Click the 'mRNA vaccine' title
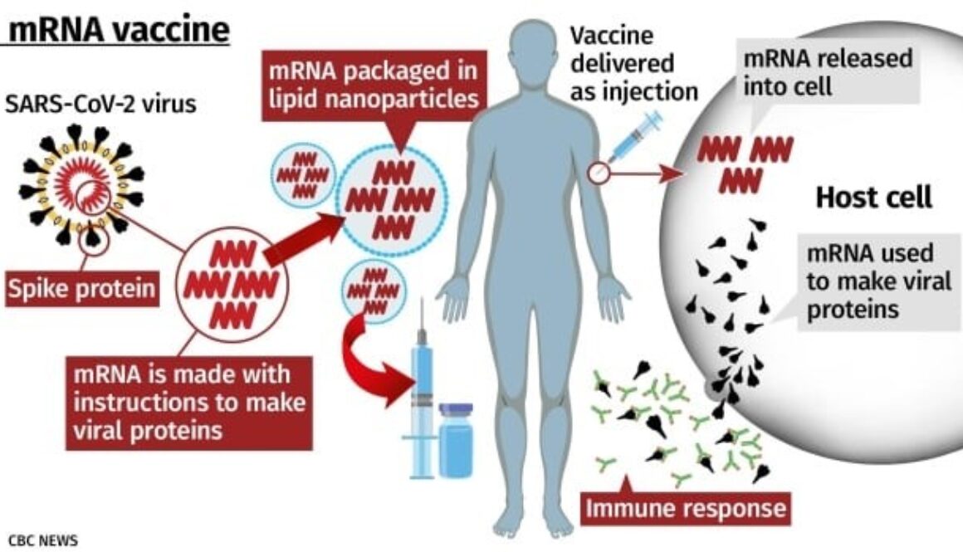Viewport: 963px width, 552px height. pos(120,29)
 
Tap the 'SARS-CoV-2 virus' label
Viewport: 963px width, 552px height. pos(100,104)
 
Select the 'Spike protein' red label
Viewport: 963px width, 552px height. pos(81,288)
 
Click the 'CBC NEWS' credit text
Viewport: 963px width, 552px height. pos(43,540)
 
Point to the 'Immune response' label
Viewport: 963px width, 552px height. pos(686,508)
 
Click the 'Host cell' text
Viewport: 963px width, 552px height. pos(873,197)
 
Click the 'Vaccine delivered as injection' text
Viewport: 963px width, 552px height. pos(633,63)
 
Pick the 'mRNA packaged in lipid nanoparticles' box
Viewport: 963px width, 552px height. pos(374,85)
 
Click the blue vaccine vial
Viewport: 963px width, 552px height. pos(457,440)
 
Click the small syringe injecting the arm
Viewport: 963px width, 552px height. pos(637,136)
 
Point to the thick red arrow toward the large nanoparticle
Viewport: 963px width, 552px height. pos(305,239)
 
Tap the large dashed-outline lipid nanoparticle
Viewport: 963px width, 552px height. pos(391,199)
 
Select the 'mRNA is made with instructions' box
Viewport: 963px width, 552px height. pos(188,403)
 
